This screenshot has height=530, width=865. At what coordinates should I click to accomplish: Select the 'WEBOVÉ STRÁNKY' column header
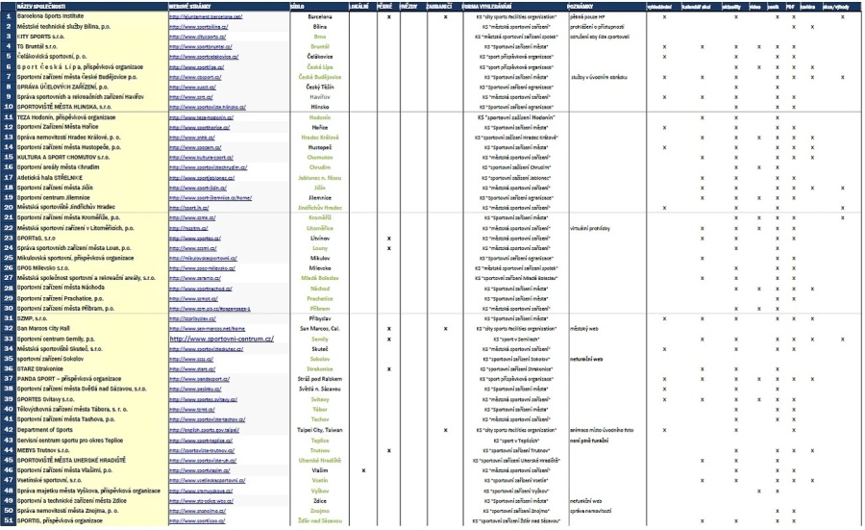tap(189, 7)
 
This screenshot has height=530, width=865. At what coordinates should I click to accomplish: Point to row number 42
tap(8, 429)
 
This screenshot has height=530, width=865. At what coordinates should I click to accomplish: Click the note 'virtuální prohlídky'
tap(593, 228)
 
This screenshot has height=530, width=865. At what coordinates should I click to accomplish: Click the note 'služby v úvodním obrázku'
tap(601, 77)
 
